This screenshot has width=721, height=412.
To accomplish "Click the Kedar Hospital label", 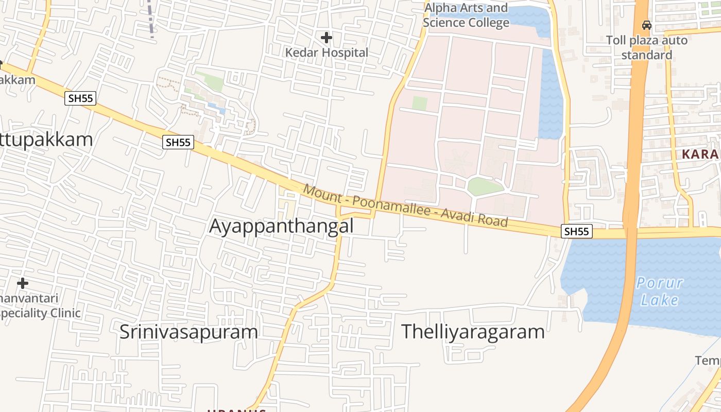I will (327, 53).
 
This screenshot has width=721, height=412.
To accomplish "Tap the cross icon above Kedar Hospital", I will (327, 37).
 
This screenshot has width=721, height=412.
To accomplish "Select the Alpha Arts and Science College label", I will (466, 15).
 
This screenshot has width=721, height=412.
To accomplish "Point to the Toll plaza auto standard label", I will (646, 47).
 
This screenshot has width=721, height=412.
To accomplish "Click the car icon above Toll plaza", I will (646, 25).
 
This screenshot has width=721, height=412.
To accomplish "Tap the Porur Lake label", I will (660, 291).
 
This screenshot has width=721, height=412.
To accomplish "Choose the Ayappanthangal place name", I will (281, 226).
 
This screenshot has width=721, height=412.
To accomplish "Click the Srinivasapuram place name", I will (188, 332).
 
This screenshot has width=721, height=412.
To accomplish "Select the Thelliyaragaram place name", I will (473, 332).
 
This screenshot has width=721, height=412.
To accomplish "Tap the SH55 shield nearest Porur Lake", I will (576, 232).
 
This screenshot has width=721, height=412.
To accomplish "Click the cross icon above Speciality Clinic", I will (23, 283).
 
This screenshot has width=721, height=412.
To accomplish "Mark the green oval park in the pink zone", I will (485, 186).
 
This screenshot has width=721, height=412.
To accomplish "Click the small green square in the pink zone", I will (420, 103).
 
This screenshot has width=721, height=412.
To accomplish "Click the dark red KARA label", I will (700, 154).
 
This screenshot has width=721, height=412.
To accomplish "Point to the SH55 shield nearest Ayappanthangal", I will (178, 142).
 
